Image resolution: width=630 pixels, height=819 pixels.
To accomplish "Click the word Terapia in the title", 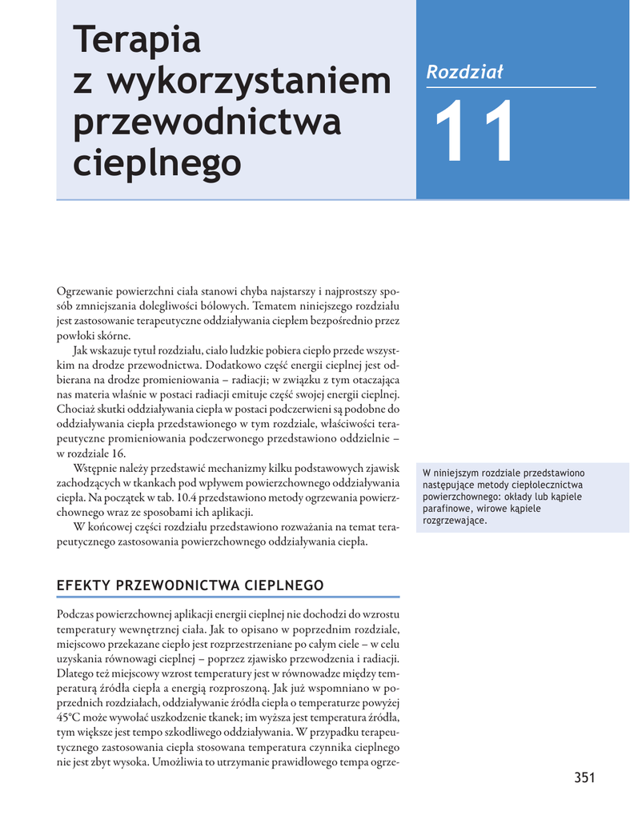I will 136,40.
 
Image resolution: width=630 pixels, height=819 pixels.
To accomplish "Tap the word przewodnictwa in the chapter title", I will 207,122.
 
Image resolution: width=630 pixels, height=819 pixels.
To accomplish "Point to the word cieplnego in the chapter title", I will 157,162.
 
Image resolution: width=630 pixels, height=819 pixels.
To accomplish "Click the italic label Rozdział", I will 464,72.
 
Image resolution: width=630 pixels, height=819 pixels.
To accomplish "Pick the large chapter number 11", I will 474,134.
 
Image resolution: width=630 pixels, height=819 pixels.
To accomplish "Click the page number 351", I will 584,777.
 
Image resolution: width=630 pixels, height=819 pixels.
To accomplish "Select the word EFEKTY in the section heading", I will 83,585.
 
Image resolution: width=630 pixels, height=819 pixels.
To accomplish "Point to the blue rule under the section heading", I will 228,597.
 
